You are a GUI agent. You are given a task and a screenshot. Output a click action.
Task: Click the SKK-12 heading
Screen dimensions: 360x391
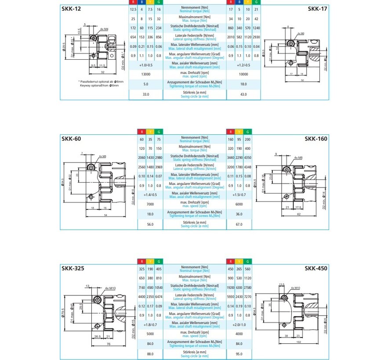point(71,8)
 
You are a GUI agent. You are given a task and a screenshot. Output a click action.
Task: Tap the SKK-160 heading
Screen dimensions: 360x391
point(318,138)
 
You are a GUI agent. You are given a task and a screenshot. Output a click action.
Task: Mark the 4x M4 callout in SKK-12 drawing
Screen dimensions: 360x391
point(104,29)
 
